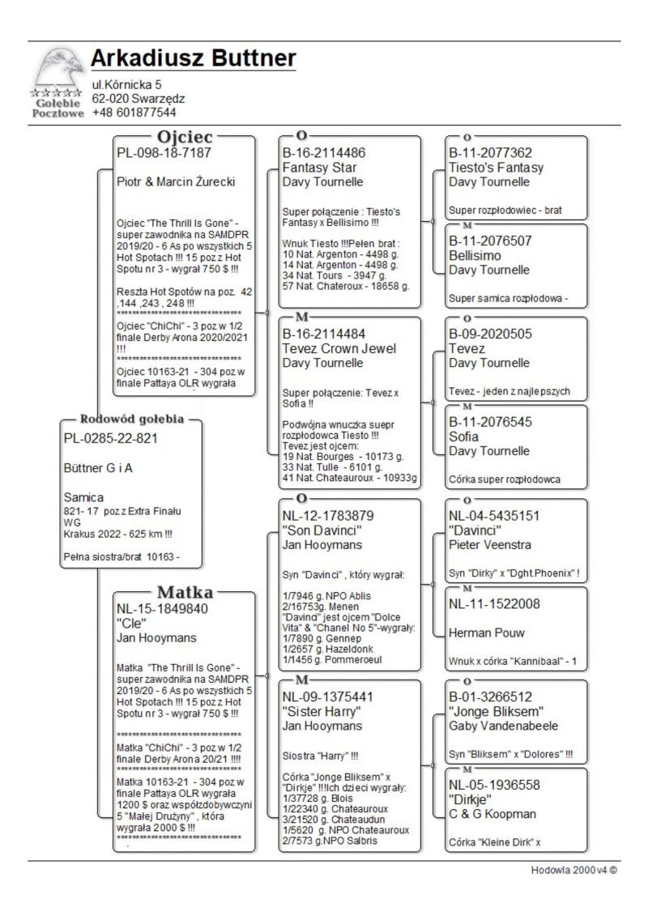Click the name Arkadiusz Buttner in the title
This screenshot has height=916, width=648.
point(193,59)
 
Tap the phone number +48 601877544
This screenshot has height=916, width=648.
point(134,112)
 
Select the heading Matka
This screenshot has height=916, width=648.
point(185,590)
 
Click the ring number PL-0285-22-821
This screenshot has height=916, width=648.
point(110,438)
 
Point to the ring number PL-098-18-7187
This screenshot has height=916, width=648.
point(164,152)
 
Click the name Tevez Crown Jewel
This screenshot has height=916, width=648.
point(339,349)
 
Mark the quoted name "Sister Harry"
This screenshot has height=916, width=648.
point(321,712)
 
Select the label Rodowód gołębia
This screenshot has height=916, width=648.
point(132,420)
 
